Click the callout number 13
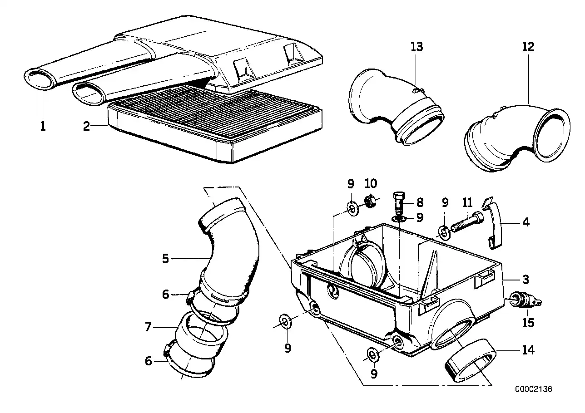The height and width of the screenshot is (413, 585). [416, 46]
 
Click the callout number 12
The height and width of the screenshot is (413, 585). [528, 46]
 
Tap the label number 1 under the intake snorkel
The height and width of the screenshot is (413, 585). [43, 126]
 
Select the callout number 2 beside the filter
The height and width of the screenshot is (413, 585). [87, 126]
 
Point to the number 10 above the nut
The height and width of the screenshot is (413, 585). [371, 184]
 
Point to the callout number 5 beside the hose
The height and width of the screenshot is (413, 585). [165, 259]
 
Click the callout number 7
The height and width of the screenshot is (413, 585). [148, 327]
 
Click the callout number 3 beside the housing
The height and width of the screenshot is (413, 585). [525, 279]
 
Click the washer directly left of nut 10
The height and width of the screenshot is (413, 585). [352, 208]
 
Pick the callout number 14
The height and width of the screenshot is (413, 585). [528, 350]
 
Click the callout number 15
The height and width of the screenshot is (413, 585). [528, 323]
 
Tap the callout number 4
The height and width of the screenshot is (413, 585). [526, 222]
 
